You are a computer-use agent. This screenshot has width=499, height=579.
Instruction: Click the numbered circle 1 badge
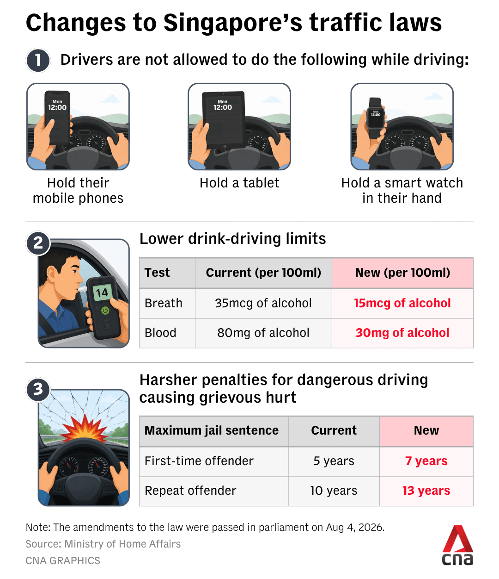coord(38,60)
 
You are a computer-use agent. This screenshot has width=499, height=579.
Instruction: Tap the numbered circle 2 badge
coord(38,243)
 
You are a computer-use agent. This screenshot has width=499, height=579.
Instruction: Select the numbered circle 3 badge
coord(38,389)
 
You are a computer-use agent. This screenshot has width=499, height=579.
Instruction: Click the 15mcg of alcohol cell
coord(402,303)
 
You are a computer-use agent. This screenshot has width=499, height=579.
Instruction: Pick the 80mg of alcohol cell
coord(263,333)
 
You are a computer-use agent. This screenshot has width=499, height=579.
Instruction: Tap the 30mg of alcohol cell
coord(402,333)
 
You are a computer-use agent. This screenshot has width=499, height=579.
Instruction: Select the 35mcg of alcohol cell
coord(263,303)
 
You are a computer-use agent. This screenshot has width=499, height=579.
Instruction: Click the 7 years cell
coord(426,461)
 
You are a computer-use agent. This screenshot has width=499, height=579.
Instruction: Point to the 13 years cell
coord(426,491)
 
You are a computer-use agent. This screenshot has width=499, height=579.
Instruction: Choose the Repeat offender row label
coord(190,491)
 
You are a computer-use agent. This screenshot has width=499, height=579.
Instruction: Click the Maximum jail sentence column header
coord(212,430)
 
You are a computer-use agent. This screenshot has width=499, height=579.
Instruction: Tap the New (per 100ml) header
coord(402,273)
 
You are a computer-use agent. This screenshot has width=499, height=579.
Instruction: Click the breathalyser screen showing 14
coord(102,293)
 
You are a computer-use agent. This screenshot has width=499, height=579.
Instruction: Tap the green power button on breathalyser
coord(105,311)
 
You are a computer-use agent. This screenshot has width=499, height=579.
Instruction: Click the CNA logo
coord(457,545)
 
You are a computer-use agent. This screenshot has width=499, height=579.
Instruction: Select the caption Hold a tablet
coord(239,183)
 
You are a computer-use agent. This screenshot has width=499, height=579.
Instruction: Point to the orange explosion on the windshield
coord(84,427)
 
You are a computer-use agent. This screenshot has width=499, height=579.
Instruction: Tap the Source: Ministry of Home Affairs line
coord(103,544)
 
